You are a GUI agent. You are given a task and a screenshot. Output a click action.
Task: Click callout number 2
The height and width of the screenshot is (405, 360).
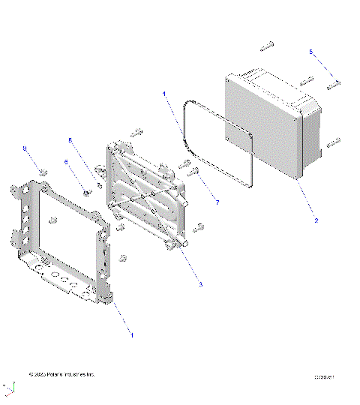click(316, 220)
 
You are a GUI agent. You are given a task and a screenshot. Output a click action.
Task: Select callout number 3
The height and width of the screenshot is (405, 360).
click(200, 284)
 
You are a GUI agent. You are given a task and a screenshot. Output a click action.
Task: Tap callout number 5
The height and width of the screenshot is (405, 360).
click(311, 51)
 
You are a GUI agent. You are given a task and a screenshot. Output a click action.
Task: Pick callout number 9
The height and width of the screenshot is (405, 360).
click(25, 150)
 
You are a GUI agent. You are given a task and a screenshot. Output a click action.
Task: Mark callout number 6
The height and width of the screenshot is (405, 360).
click(65, 162)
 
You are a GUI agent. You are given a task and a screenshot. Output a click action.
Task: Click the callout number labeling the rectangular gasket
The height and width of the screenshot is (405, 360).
click(164, 94)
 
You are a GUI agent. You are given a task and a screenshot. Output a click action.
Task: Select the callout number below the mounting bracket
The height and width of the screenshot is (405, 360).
click(133, 334)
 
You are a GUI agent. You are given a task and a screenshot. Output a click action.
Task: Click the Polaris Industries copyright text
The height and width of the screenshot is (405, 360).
click(61, 374)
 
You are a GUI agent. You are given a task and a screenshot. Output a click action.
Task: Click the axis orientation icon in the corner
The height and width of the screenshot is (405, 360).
click(9, 388)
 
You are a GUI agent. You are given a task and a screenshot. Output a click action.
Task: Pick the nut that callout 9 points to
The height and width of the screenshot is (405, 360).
click(43, 173)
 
